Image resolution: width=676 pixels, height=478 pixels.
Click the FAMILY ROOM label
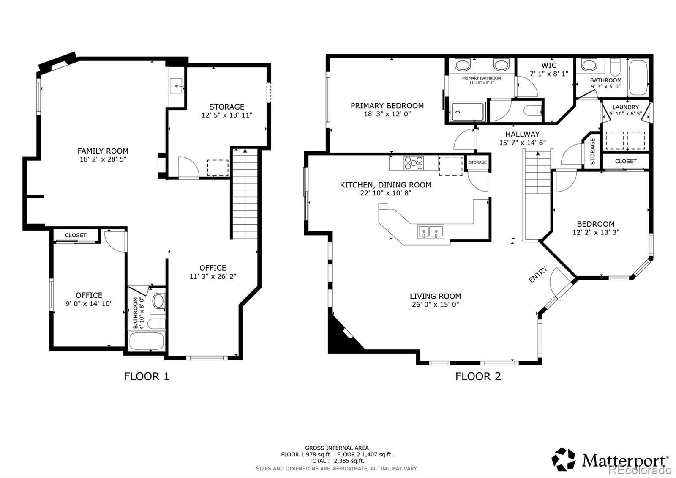point(103,151)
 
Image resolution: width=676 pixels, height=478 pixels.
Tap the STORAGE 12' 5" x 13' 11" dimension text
point(226,115)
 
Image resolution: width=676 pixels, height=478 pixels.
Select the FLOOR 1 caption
point(146,376)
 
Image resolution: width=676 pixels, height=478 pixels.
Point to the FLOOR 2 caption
point(478,376)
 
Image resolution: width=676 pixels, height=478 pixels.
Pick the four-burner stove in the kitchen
point(414,163)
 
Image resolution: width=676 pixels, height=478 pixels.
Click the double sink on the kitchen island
point(431,232)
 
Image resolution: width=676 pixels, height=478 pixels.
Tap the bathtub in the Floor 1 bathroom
point(146,341)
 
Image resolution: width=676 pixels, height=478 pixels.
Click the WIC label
point(549,65)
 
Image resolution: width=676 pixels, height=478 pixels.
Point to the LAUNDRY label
point(626,107)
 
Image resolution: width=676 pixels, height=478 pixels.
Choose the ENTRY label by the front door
point(538,275)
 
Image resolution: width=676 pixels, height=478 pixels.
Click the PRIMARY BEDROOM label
point(387,106)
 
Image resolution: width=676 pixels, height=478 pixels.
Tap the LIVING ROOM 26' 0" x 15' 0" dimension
point(436,304)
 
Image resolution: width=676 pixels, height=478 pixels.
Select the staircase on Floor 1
point(245,193)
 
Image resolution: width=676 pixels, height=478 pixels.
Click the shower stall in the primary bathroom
point(467,112)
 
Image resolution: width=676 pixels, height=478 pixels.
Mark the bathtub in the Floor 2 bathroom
point(638,78)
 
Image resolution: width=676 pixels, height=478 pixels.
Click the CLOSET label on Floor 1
point(76,235)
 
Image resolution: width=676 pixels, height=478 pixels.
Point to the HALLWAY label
point(522,134)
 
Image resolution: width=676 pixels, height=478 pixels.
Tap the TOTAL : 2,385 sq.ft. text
point(337,461)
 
